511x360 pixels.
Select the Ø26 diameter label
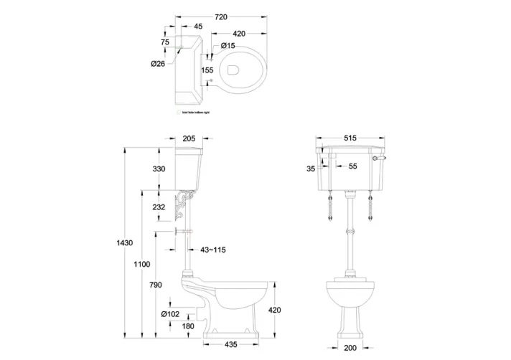pyautogui.click(x=158, y=64)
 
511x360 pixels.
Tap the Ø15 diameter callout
pyautogui.click(x=228, y=46)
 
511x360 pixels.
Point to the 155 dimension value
pyautogui.click(x=207, y=70)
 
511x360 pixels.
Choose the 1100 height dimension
pyautogui.click(x=141, y=265)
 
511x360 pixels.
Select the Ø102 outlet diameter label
pyautogui.click(x=170, y=314)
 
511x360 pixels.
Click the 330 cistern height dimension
pyautogui.click(x=159, y=169)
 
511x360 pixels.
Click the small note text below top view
pyautogui.click(x=192, y=113)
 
